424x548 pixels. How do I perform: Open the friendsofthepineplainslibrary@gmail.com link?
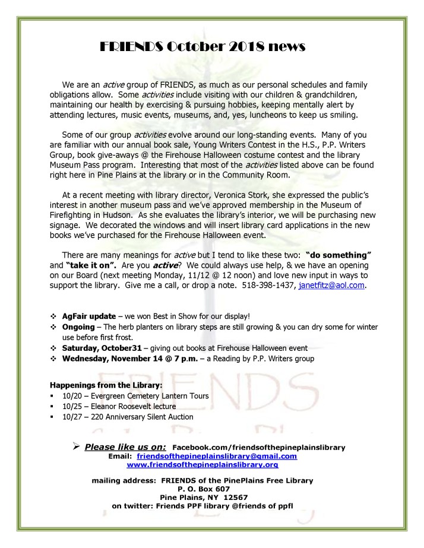[216, 456]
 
